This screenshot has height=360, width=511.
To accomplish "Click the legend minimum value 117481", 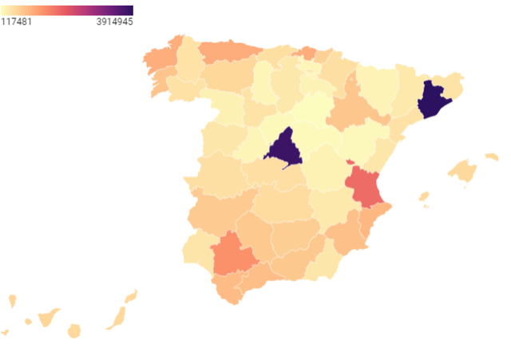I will [16, 22].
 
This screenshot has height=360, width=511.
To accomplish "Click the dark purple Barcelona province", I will [434, 101].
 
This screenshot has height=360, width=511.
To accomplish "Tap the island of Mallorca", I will [462, 170].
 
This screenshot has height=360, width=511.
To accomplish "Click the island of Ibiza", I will [424, 196].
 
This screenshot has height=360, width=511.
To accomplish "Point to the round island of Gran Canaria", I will [74, 330].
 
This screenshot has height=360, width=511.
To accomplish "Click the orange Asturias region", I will [228, 51].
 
